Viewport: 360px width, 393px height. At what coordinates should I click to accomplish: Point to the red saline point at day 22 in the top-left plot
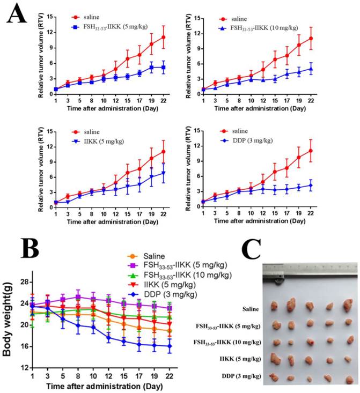(164, 37)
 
